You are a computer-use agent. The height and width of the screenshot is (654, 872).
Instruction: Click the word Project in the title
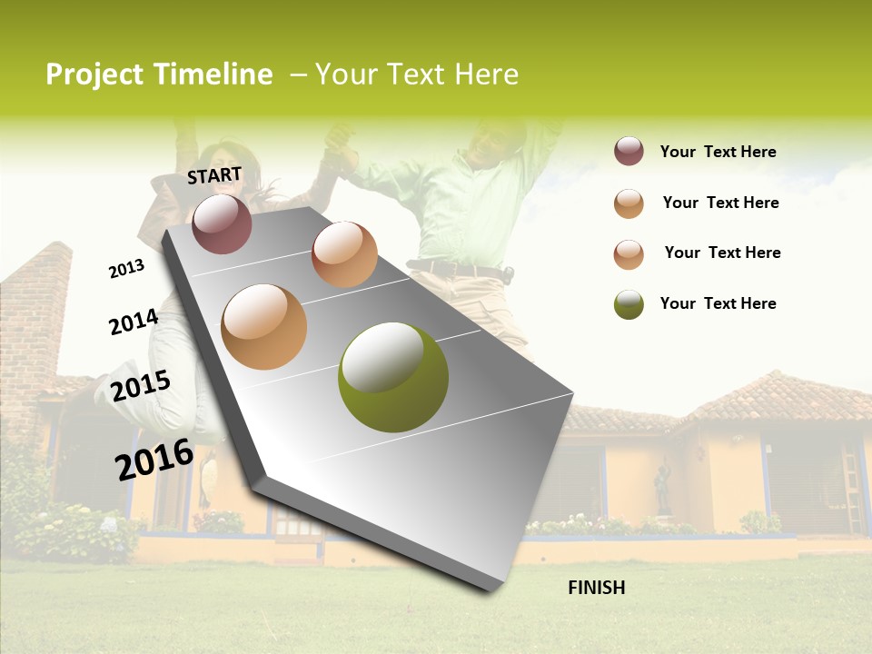click(x=95, y=74)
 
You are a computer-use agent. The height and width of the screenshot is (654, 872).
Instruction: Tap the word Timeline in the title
click(x=213, y=74)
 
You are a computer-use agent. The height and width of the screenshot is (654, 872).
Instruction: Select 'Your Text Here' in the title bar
click(x=417, y=74)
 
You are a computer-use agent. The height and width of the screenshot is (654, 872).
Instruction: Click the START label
click(x=214, y=175)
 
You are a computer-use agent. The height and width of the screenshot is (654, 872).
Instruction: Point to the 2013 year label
click(x=126, y=269)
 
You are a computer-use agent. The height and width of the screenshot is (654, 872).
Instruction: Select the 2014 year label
click(x=134, y=322)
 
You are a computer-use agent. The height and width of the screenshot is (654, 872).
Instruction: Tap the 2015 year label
click(x=141, y=386)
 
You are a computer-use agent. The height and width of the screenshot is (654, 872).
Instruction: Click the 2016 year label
click(x=154, y=460)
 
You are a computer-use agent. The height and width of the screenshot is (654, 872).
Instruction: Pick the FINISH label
click(x=597, y=588)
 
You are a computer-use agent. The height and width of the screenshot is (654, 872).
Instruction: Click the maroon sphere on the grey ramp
click(x=223, y=223)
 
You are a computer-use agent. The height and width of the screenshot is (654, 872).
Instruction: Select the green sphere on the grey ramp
click(x=392, y=377)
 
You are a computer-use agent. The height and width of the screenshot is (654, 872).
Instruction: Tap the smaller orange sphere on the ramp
click(x=344, y=254)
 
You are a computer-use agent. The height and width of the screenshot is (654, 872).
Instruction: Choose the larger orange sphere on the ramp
click(x=264, y=327)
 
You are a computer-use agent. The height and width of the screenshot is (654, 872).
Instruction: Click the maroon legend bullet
click(x=629, y=152)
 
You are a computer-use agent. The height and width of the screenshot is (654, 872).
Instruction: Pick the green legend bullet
click(x=629, y=304)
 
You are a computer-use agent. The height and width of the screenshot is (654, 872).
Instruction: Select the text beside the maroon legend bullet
click(x=718, y=153)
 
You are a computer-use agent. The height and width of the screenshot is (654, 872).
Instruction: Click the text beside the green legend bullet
click(x=718, y=303)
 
